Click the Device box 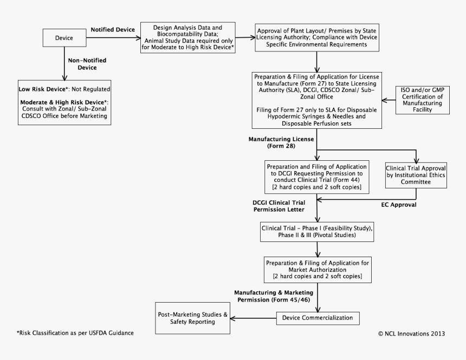tap(64, 38)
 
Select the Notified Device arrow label tap(112, 29)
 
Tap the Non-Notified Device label tap(82, 64)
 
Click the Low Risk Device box tap(64, 103)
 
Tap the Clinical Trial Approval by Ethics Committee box tap(416, 174)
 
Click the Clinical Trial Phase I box tap(317, 232)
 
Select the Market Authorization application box tap(317, 269)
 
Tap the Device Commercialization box tap(317, 317)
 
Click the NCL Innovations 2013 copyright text tap(411, 333)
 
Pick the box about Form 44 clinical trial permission tap(317, 176)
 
